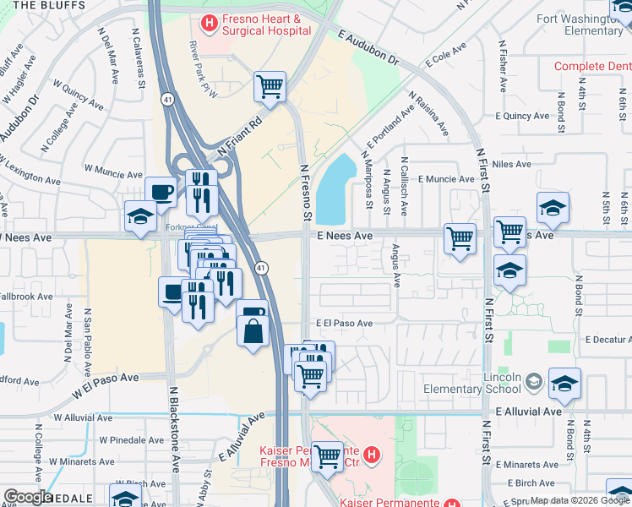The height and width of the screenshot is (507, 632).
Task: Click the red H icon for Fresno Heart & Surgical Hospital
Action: point(208,19)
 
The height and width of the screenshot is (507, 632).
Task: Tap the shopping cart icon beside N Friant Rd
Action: point(270,85)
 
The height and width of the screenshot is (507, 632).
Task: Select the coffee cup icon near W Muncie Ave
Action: point(161,192)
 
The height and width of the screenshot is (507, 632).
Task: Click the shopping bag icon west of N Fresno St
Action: point(253,325)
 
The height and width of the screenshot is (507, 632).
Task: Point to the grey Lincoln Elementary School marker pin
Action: point(533,382)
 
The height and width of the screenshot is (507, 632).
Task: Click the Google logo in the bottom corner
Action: point(28,496)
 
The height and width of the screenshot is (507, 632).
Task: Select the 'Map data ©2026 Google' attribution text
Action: point(580,500)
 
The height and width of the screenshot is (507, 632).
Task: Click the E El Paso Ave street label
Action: point(344,323)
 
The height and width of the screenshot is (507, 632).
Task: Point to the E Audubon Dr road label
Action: point(368,47)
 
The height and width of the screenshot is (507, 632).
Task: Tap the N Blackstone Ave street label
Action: point(174,429)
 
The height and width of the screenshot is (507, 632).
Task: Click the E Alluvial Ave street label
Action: point(529,411)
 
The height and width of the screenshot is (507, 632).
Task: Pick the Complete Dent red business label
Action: point(592,66)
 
